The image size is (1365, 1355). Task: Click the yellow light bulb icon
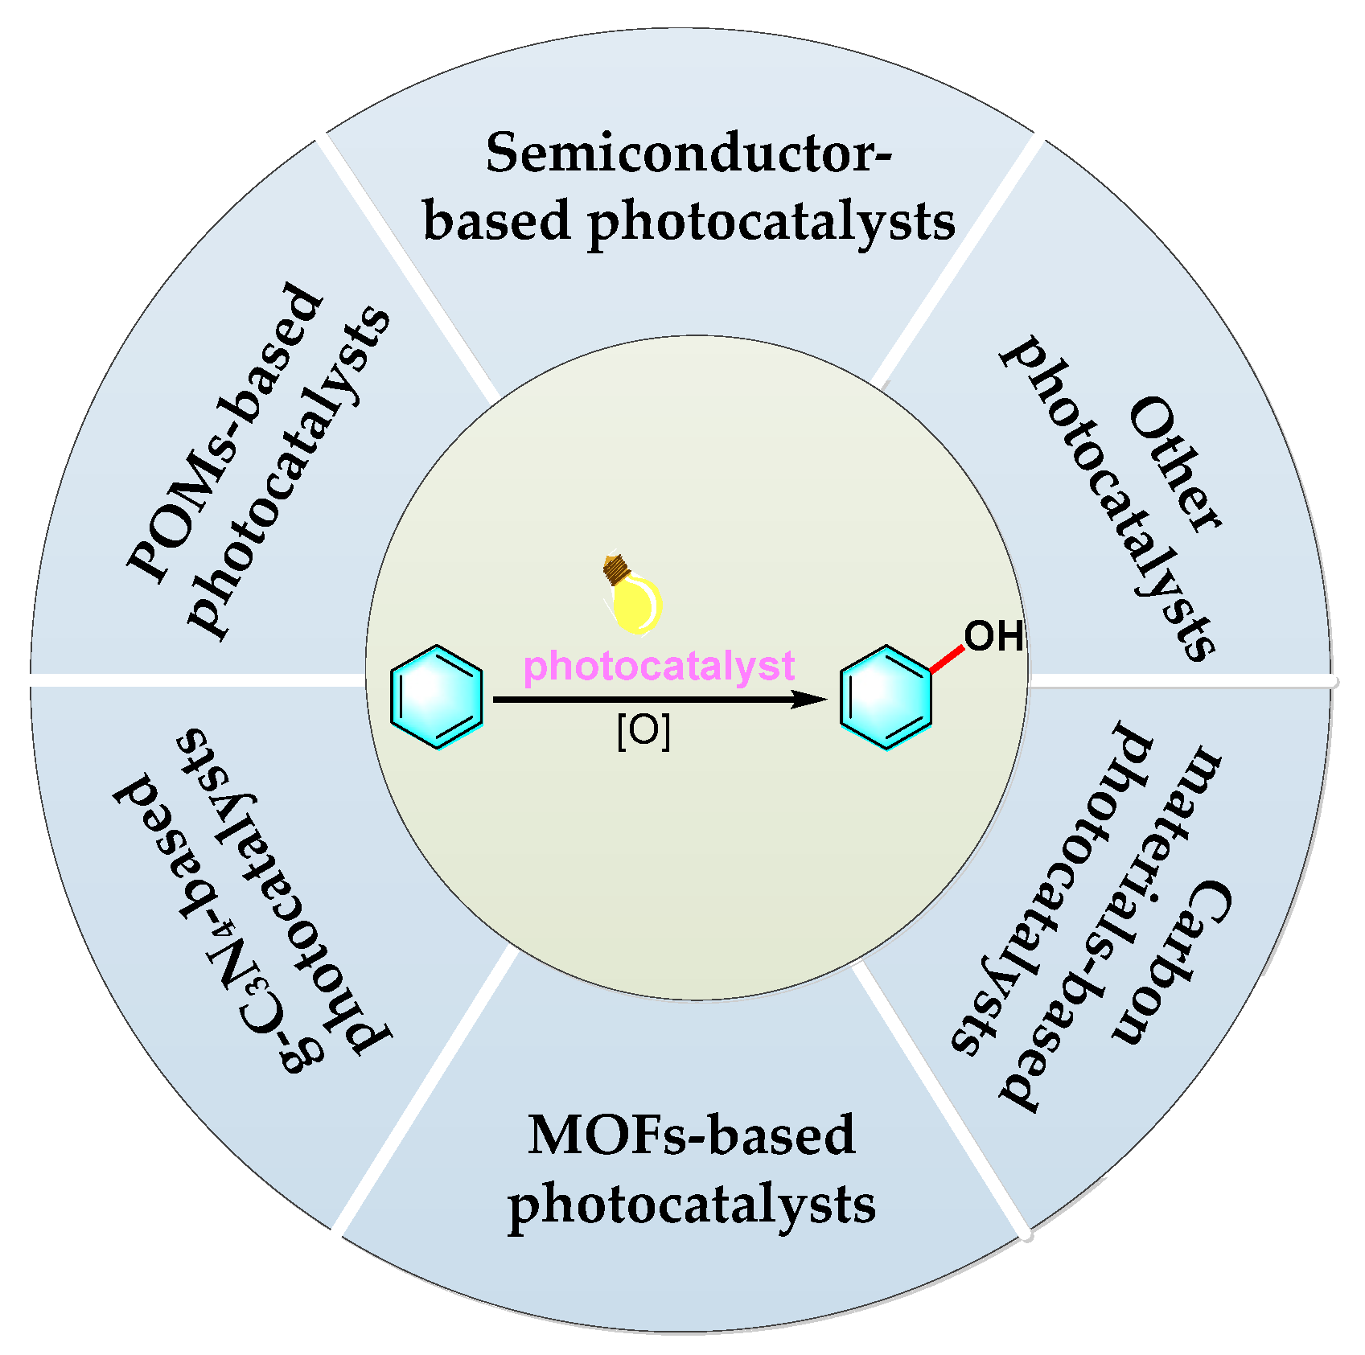(632, 595)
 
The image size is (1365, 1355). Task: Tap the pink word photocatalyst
(659, 667)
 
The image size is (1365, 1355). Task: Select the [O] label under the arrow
(643, 732)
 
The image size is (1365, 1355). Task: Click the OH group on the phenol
(994, 637)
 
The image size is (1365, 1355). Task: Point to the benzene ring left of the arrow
(437, 697)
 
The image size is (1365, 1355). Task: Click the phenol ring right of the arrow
(886, 697)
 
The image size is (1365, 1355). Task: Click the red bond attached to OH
(947, 659)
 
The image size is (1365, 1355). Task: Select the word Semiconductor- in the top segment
(689, 153)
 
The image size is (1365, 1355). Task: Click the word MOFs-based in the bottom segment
(692, 1135)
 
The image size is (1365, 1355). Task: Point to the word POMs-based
(225, 432)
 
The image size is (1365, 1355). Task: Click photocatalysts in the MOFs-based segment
(692, 1205)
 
